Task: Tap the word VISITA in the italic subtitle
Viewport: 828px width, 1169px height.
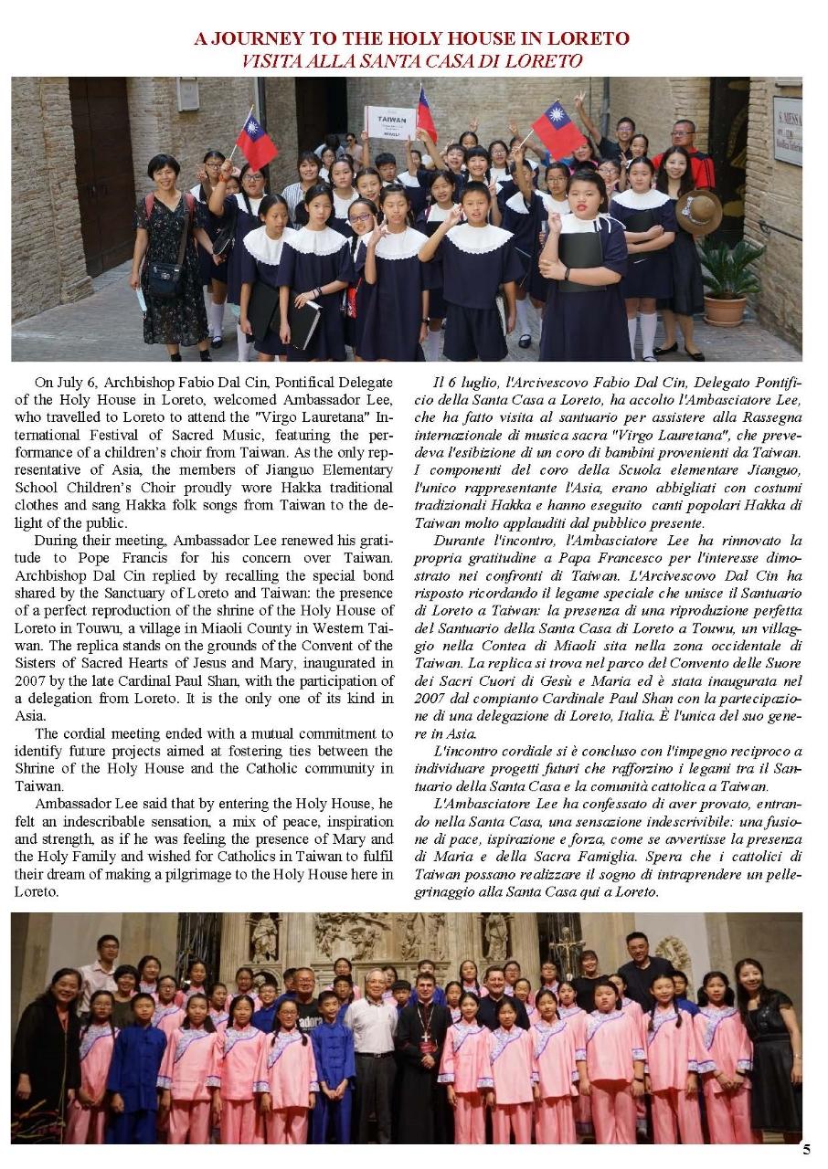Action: (x=272, y=62)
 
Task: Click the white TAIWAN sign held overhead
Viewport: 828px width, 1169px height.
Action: (x=390, y=122)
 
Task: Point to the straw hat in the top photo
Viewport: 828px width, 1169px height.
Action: (x=698, y=214)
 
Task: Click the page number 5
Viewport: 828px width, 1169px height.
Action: (x=805, y=1149)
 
